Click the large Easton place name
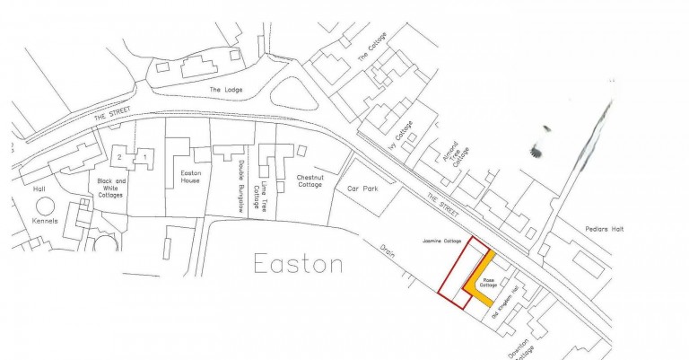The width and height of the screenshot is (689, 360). click(298, 264)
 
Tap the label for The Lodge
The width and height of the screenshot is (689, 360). click(226, 91)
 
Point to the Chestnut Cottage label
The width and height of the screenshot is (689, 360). click(310, 181)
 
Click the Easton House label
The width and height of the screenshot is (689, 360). click(190, 176)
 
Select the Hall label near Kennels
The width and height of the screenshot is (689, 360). click(39, 189)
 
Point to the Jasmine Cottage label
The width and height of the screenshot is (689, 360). click(440, 241)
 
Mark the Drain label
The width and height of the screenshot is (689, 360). click(388, 250)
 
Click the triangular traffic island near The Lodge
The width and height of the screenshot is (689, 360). click(294, 91)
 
